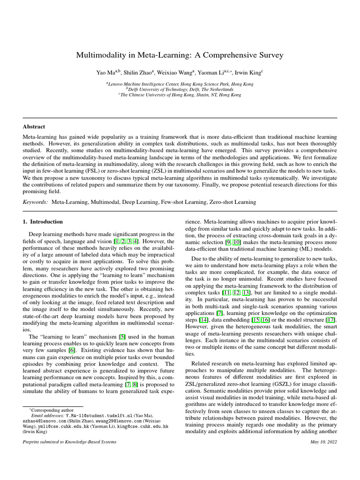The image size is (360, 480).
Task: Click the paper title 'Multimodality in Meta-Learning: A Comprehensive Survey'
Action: coord(180,55)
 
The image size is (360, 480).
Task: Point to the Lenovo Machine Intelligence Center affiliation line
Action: coord(180,83)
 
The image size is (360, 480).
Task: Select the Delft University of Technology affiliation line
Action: coord(180,89)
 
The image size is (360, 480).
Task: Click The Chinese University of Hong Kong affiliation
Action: coord(180,95)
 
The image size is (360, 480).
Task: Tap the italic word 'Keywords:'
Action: coord(36,202)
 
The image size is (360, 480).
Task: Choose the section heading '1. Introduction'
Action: coord(43,222)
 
